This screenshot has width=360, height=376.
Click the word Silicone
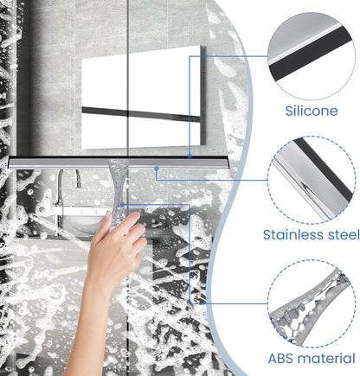312,111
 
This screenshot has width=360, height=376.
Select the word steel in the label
344,235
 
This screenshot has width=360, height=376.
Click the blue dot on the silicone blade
190,156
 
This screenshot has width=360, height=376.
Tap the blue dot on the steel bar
157,168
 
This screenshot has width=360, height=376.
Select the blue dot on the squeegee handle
123,205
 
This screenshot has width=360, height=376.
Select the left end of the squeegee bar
10,163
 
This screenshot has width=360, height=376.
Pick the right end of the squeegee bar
228,163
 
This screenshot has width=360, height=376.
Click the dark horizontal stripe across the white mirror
141,114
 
